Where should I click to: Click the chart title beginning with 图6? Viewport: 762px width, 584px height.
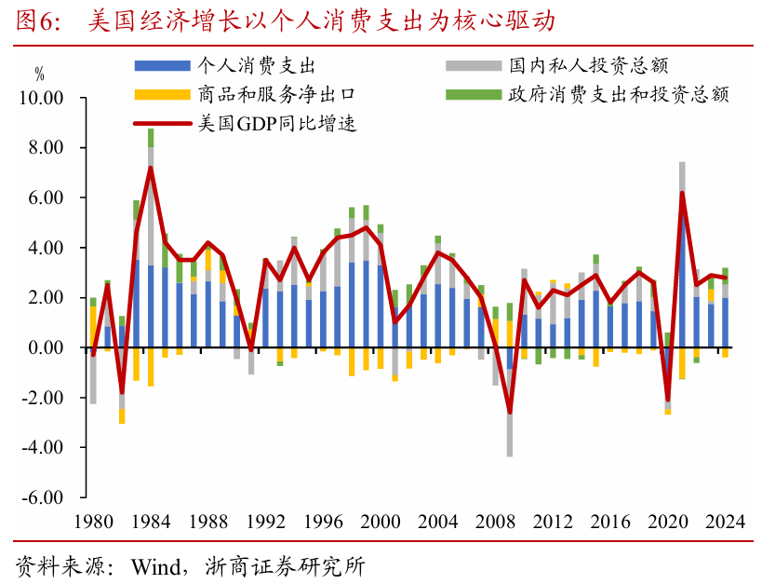[x=289, y=20]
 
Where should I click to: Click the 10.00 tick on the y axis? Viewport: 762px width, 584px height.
[x=40, y=99]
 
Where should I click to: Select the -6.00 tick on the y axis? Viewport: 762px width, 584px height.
[x=40, y=497]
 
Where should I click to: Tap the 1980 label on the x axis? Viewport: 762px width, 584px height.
[x=92, y=522]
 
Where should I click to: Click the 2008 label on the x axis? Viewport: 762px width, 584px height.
[x=494, y=522]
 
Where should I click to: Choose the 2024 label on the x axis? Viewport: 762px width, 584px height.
[x=725, y=522]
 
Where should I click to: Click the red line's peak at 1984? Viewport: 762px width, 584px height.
[x=151, y=168]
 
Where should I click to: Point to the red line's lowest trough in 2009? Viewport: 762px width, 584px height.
[x=510, y=412]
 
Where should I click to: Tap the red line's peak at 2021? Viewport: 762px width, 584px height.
[x=682, y=193]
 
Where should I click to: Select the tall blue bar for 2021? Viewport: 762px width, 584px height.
[x=682, y=279]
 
